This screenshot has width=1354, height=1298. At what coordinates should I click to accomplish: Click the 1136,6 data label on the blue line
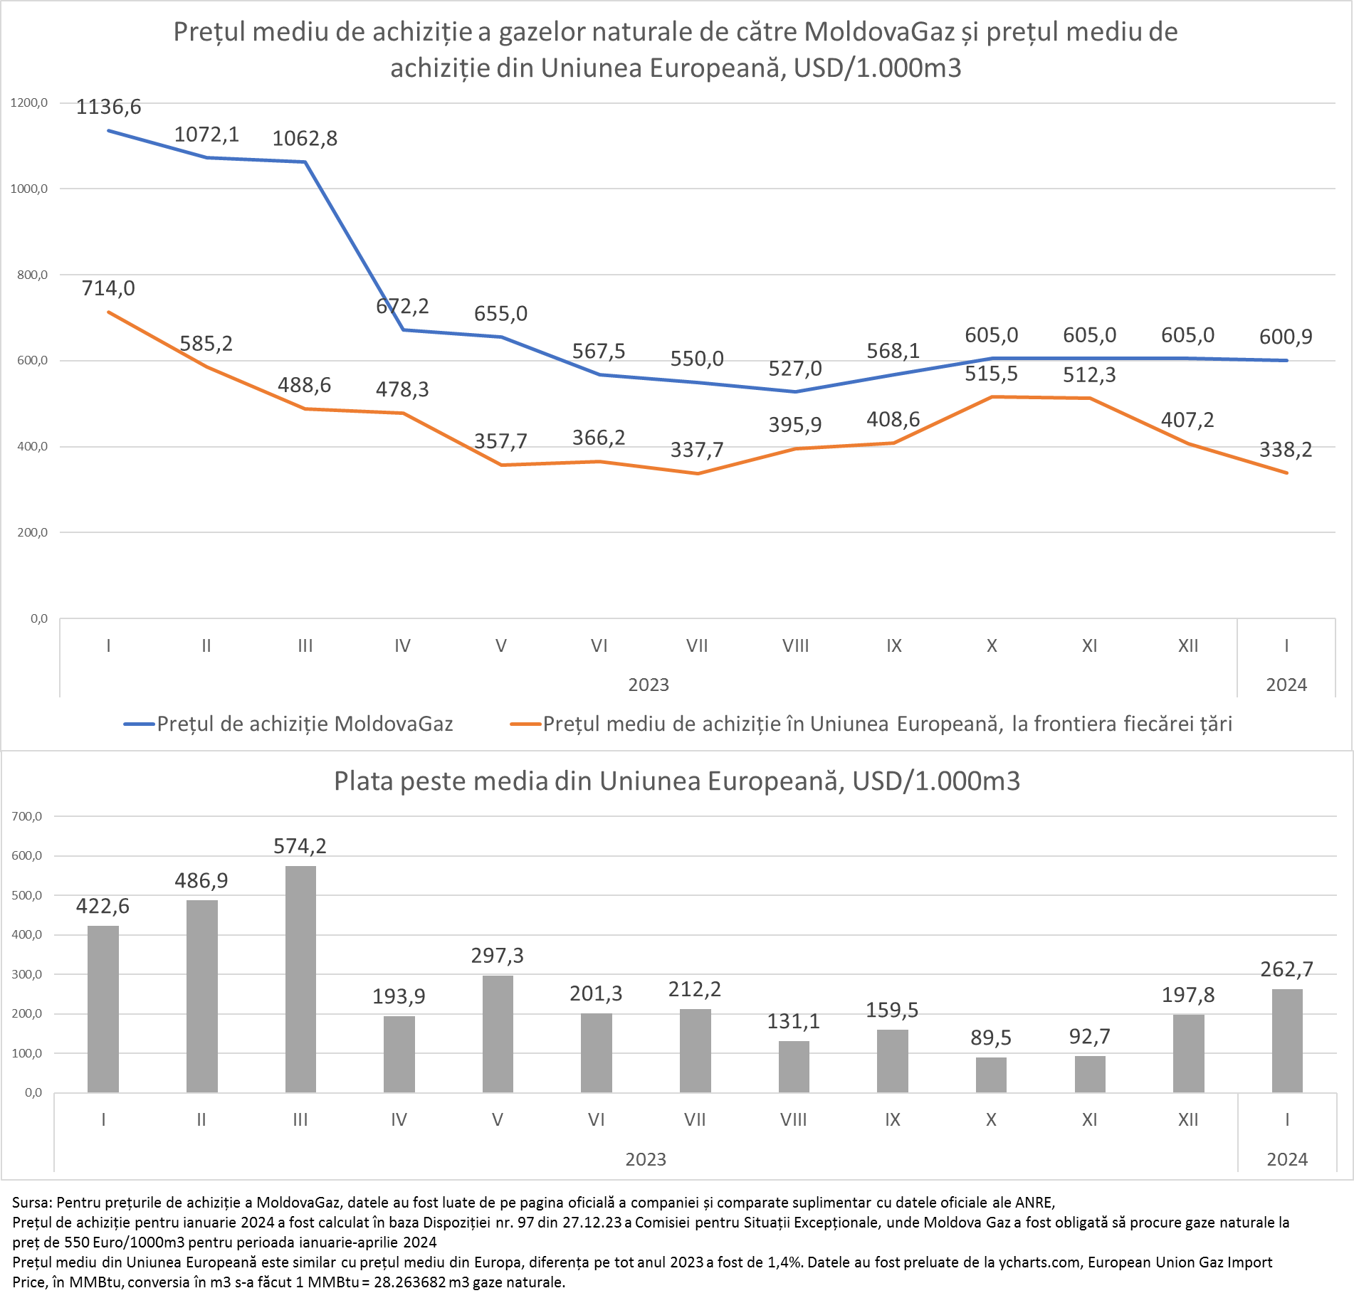[108, 107]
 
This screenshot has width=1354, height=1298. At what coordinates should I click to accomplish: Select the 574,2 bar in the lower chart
[300, 978]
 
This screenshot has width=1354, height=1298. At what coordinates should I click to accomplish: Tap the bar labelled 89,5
[991, 1075]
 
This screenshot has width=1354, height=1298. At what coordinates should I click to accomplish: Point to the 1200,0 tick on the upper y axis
[29, 102]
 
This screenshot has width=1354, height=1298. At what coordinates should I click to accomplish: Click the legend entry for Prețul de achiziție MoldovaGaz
[289, 724]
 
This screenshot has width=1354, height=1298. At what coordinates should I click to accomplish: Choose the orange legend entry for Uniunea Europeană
[871, 724]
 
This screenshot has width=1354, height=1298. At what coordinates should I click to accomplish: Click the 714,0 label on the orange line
[108, 288]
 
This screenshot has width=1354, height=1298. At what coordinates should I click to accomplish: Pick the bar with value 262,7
[1287, 1040]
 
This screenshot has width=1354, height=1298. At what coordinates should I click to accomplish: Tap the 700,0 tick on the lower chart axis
[27, 816]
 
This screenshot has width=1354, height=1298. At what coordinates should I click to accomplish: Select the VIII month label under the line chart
[795, 645]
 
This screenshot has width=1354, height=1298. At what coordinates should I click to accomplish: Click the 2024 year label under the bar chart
[1287, 1159]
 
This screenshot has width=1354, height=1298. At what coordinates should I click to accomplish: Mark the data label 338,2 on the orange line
[1286, 450]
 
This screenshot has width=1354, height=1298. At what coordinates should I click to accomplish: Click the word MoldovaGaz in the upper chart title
[879, 32]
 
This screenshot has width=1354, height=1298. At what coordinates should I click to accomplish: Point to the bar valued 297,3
[498, 1033]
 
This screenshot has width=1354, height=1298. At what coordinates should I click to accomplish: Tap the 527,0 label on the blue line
[795, 369]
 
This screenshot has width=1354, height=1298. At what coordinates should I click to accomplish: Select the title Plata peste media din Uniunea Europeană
[677, 781]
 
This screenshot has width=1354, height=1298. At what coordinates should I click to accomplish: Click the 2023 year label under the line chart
[649, 685]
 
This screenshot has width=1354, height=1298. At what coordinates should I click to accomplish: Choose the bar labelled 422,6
[103, 1008]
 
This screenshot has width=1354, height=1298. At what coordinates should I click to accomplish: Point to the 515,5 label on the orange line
[991, 374]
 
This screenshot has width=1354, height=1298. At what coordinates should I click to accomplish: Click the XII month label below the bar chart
[1188, 1119]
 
